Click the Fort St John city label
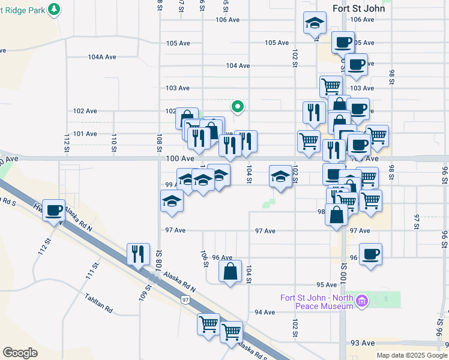359,8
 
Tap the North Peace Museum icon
361,301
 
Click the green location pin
238,107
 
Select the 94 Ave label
265,312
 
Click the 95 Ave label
327,285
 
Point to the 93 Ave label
363,343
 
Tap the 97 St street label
417,221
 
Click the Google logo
20,353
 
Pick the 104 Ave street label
238,65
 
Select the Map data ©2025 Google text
412,355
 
